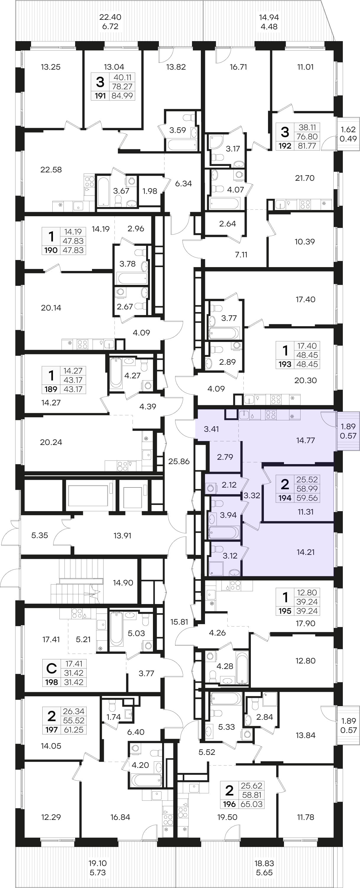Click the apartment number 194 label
pos(285,498)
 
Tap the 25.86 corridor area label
pos(179,461)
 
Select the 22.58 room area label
pos(51,169)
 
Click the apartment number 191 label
pos(100,96)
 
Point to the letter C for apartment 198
pos(51,669)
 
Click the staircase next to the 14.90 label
pos(78,581)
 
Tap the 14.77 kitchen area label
pos(306,440)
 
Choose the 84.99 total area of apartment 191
pos(122,96)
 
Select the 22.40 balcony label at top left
pos(110,17)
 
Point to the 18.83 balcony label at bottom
pos(264,863)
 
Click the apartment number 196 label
pos(229,804)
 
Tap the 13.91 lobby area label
pos(122,535)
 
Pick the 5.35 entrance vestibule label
pos(40,535)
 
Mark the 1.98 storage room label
pos(150,191)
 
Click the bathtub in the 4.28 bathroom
pos(242,668)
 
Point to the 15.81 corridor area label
pos(179,622)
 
